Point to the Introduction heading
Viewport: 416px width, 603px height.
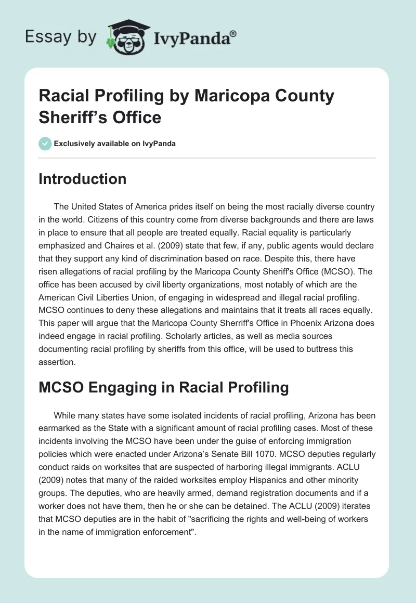click(83, 179)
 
